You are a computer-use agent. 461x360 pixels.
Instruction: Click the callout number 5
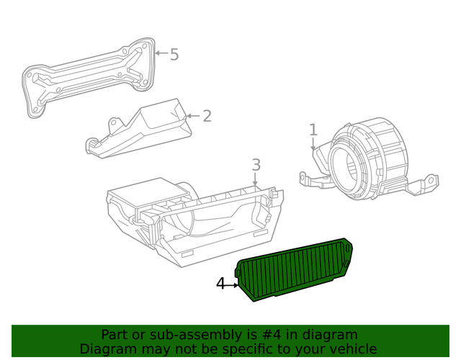(174, 54)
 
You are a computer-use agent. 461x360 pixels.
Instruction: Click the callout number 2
(207, 115)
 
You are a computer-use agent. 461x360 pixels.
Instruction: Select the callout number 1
(313, 130)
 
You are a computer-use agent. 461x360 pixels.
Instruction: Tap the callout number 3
(256, 166)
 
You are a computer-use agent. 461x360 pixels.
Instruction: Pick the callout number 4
(221, 284)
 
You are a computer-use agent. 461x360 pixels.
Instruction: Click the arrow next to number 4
(233, 285)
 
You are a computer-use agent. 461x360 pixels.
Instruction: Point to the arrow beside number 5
(161, 53)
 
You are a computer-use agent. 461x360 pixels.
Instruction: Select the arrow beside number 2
(192, 115)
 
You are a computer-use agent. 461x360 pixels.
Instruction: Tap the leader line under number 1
(314, 144)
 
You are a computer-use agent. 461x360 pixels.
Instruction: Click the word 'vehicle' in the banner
(353, 348)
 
